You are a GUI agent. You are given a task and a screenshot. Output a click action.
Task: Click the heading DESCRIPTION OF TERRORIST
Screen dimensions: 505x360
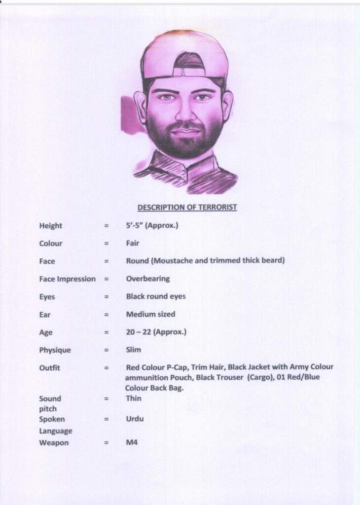coord(187,208)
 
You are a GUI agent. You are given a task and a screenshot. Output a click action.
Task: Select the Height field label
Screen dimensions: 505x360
coord(51,226)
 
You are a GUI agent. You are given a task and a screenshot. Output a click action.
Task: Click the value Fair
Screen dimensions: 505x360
coord(133,243)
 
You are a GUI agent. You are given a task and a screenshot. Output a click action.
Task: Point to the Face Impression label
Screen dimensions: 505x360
coord(68,279)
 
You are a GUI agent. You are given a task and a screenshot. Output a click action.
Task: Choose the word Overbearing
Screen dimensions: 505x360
coord(148,279)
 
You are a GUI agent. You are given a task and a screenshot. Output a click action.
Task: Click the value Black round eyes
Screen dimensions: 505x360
coord(156,297)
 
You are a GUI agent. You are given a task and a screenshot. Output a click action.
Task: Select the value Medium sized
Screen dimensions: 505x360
coord(150,314)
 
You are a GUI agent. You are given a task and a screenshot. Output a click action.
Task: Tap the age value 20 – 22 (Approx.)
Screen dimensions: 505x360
coord(156,332)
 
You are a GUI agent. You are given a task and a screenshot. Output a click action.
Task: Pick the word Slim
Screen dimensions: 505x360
coord(134,350)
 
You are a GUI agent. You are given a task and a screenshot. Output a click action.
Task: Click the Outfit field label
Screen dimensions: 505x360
coord(50,368)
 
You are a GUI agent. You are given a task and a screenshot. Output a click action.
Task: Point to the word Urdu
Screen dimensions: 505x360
coord(135,419)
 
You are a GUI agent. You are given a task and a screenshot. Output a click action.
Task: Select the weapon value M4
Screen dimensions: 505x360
coord(132,442)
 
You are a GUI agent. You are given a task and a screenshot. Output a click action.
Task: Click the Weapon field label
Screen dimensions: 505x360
coord(54,443)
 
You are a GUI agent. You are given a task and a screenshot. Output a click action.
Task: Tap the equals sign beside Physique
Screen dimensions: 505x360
coord(106,350)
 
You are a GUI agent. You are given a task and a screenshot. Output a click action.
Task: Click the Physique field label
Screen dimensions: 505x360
coord(55,350)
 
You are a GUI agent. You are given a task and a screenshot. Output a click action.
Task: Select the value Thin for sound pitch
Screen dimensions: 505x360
coord(134,398)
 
